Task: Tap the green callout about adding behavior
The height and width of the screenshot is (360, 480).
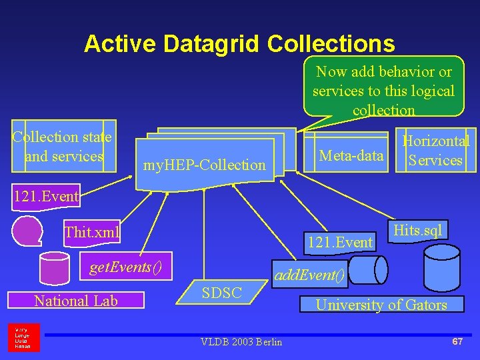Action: tap(383, 87)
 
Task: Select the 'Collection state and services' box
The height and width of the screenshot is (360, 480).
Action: tap(64, 146)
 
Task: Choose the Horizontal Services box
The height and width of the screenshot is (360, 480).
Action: tap(435, 150)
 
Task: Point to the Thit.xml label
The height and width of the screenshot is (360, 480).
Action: tap(91, 233)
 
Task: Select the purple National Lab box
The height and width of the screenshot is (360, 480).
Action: tap(76, 301)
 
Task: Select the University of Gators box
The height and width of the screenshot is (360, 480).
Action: tap(381, 305)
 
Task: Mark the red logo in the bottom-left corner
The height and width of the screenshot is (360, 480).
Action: tap(24, 337)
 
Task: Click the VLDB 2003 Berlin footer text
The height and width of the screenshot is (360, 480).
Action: tap(241, 342)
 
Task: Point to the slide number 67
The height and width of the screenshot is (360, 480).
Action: tap(457, 341)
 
